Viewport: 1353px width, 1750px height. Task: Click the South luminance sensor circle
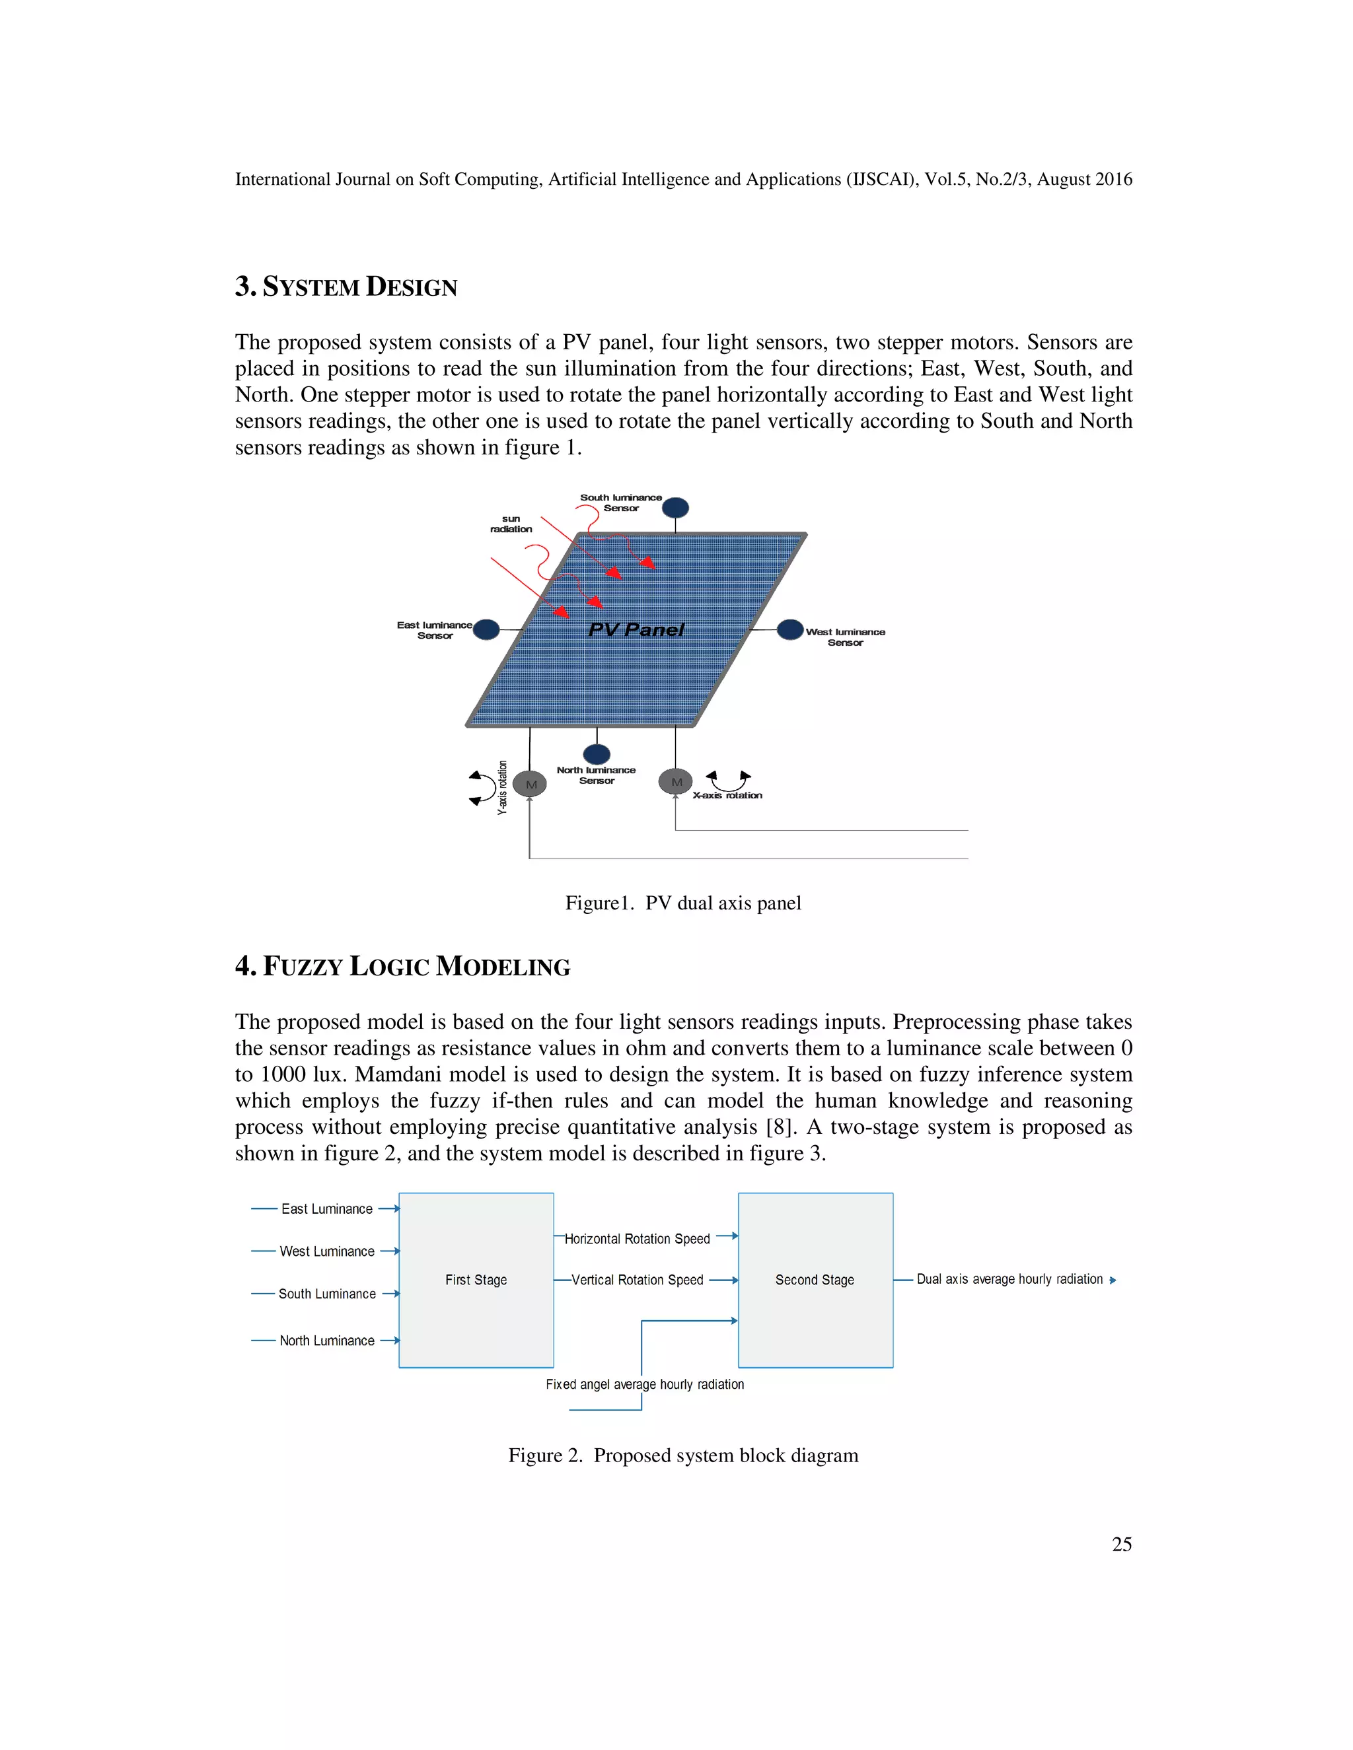[675, 507]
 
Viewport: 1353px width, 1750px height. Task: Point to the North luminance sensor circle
[597, 753]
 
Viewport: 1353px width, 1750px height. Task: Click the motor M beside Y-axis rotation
[530, 784]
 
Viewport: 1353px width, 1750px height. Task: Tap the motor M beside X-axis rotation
[676, 781]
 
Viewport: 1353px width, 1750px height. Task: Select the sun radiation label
[511, 524]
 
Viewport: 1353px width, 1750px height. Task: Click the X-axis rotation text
[727, 795]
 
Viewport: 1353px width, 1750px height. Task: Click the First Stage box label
[476, 1280]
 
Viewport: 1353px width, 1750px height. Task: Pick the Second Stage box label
[815, 1280]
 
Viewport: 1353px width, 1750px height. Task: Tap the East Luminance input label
[326, 1208]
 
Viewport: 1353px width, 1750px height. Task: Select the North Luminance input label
[326, 1341]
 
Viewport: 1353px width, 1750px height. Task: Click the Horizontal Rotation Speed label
[638, 1239]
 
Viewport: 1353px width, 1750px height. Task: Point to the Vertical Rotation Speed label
[638, 1280]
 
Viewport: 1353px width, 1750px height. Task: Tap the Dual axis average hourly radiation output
[1009, 1279]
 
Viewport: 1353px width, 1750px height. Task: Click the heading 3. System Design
[346, 287]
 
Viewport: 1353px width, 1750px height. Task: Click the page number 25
[1121, 1544]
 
